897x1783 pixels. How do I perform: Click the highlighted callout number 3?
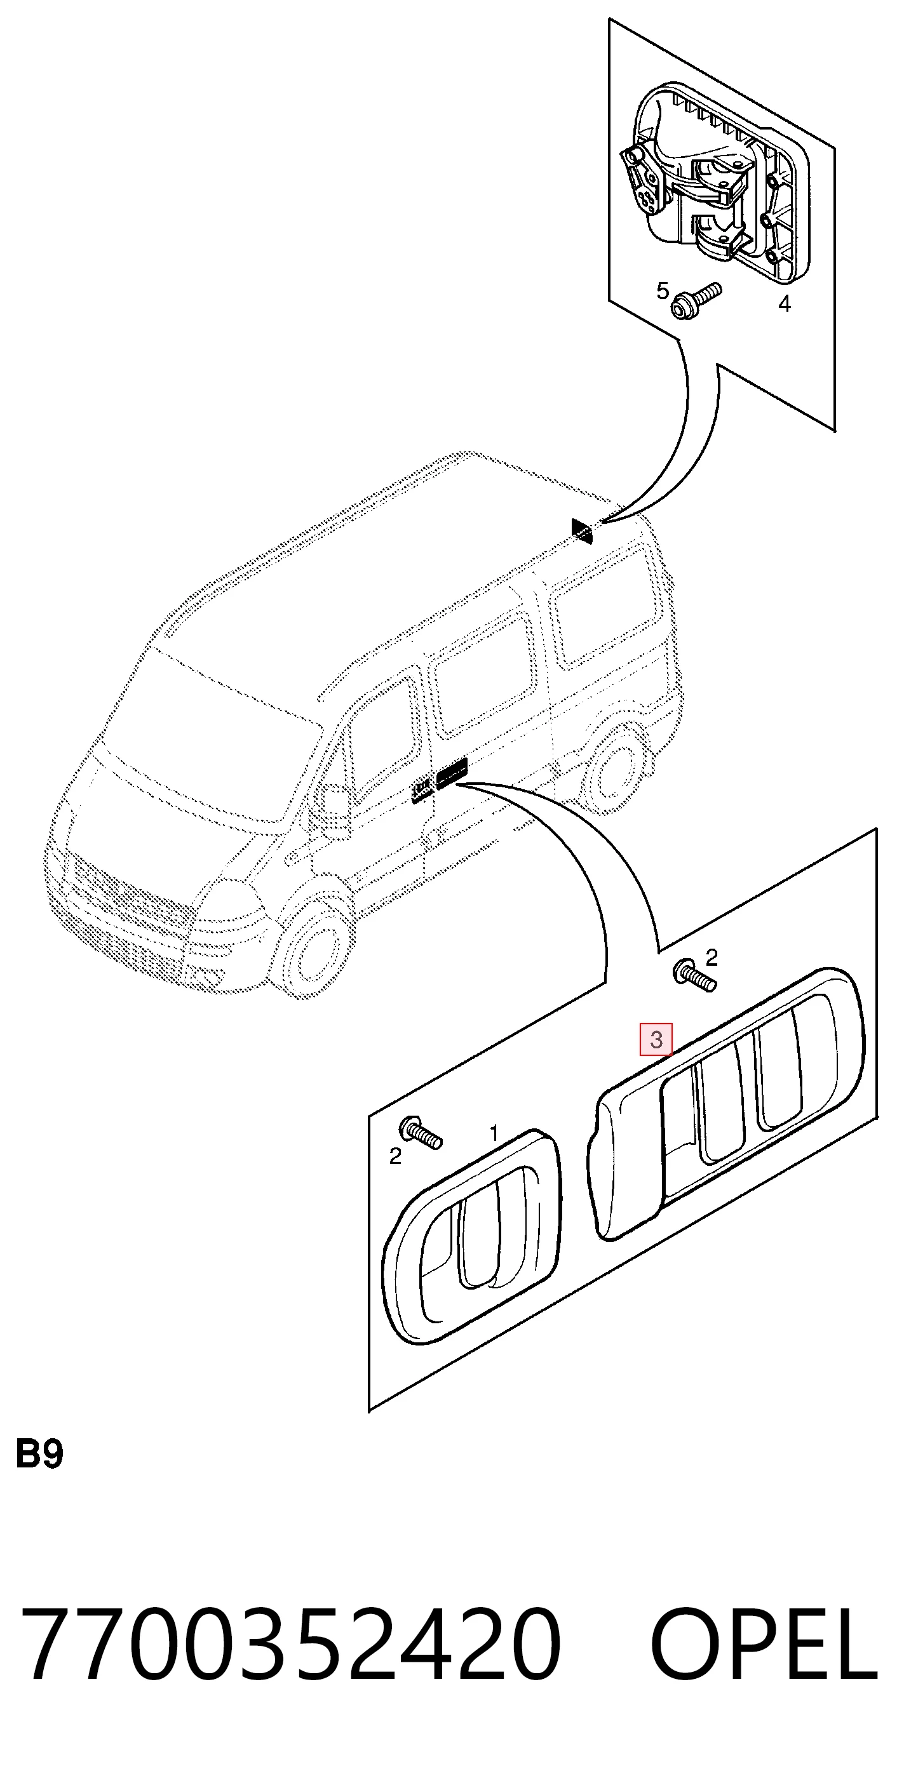(655, 1039)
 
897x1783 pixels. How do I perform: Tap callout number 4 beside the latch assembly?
(784, 303)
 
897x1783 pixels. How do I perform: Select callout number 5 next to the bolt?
(663, 291)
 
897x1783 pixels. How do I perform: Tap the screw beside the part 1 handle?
(421, 1132)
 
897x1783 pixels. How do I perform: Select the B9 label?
(39, 1454)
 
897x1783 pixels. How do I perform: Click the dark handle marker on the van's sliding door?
(452, 771)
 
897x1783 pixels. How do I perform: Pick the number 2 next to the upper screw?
(712, 958)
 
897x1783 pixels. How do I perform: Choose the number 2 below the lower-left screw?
(395, 1156)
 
